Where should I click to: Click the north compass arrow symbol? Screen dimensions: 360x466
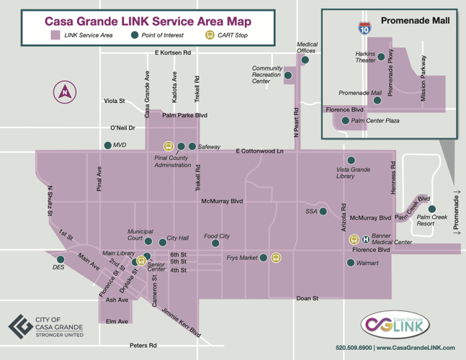click(65, 91)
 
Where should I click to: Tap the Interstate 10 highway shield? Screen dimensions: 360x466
click(364, 29)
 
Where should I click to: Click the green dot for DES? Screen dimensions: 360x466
click(61, 259)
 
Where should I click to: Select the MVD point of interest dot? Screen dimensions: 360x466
click(108, 145)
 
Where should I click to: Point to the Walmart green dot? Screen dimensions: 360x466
click(350, 264)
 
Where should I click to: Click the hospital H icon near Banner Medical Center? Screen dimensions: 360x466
click(366, 239)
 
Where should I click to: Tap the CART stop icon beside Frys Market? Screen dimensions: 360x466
click(276, 257)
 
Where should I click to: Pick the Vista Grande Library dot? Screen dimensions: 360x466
click(351, 160)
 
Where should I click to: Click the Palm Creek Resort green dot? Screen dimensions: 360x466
click(432, 209)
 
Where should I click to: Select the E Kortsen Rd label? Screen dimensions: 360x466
click(173, 53)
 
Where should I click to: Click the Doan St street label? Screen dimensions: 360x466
click(308, 297)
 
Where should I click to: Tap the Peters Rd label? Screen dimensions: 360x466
click(143, 346)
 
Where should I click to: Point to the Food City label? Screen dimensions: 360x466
click(217, 236)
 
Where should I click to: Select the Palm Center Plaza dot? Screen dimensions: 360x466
click(346, 120)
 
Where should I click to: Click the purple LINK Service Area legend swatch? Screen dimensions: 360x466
click(55, 35)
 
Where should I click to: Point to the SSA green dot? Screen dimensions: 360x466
click(323, 212)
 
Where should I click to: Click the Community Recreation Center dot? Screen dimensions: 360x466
click(287, 74)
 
